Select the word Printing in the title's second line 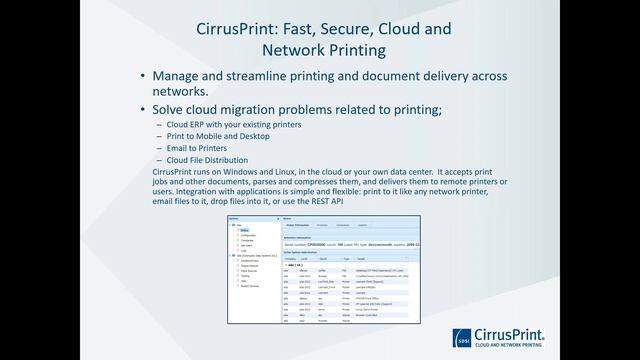click(351, 49)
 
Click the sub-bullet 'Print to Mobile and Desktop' click(212, 137)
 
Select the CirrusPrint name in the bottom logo click(515, 335)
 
